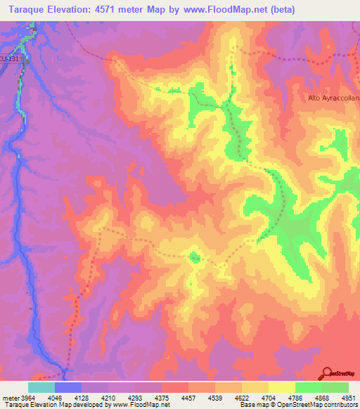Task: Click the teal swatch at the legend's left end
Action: [x=41, y=387]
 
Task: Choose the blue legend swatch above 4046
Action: [x=67, y=387]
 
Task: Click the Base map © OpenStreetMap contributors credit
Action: [x=298, y=405]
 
